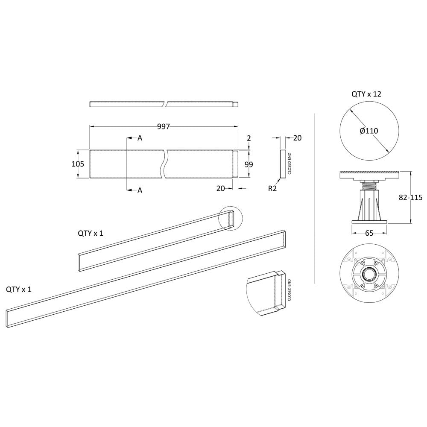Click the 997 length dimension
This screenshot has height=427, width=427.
point(164,127)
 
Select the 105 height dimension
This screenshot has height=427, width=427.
point(78,164)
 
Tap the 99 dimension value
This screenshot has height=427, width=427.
point(249,164)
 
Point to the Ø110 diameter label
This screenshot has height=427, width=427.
point(369,131)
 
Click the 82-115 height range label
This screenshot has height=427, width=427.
point(410,197)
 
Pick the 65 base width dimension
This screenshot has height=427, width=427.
point(369,234)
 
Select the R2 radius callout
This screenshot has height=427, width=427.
point(272,188)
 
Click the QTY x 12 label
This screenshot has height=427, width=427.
point(366,94)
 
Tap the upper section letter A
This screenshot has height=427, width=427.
point(140,138)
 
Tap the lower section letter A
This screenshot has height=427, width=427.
point(140,190)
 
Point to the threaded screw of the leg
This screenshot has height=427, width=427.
point(369,187)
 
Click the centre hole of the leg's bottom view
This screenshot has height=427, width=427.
point(369,273)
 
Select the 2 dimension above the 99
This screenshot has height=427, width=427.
point(249,138)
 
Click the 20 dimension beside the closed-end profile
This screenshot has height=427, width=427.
point(297,138)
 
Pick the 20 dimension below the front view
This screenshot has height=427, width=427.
point(221,188)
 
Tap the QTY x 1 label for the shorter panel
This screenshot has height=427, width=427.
point(91,234)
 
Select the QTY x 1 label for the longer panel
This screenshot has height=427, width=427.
point(19,289)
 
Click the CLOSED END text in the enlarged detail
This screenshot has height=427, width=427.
point(289,290)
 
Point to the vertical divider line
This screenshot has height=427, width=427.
point(315,198)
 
